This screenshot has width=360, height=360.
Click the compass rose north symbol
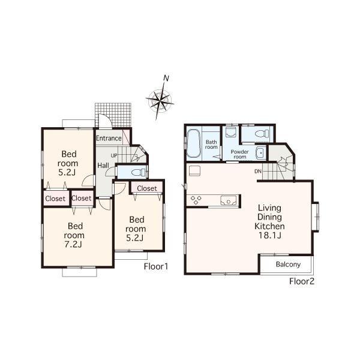click(x=167, y=78)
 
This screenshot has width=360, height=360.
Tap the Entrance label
click(x=109, y=139)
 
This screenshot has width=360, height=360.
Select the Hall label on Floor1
click(x=103, y=166)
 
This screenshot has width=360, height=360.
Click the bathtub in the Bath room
click(x=194, y=145)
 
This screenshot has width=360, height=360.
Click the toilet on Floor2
click(x=261, y=133)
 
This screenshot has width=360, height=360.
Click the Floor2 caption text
click(x=302, y=280)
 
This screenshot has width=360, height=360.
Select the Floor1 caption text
click(x=155, y=266)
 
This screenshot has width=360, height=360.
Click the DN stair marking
click(x=257, y=172)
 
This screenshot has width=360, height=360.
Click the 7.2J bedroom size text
click(x=74, y=245)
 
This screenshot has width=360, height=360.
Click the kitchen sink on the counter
click(x=227, y=200)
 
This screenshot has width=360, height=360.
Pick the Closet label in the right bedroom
click(x=146, y=188)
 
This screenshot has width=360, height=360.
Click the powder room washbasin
click(x=260, y=152)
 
